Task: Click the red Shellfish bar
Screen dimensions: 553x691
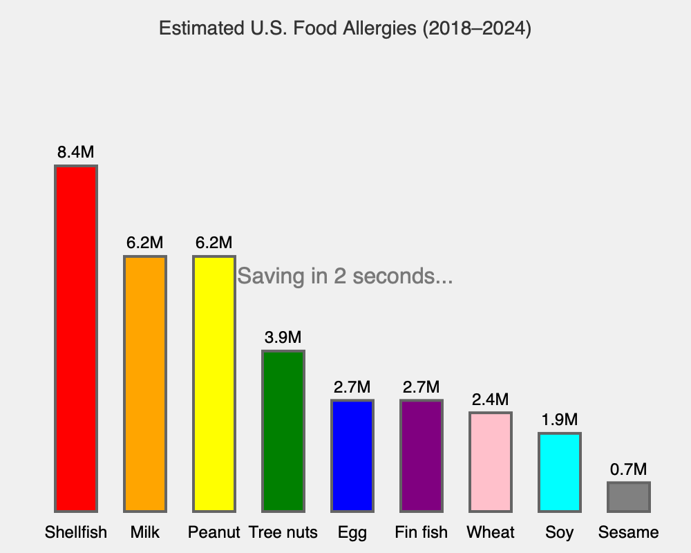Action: pyautogui.click(x=76, y=339)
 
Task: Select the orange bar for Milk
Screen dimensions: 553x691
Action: pyautogui.click(x=145, y=384)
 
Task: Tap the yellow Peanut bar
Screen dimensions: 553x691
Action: pyautogui.click(x=214, y=384)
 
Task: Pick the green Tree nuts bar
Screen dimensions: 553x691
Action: pyautogui.click(x=283, y=431)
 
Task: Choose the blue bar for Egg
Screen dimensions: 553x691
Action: pyautogui.click(x=352, y=456)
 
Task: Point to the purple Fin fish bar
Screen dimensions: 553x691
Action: pyautogui.click(x=422, y=456)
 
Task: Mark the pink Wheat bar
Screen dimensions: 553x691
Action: pyautogui.click(x=491, y=462)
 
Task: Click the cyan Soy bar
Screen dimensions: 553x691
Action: pyautogui.click(x=560, y=472)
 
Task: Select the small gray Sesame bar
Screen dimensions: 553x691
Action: pyautogui.click(x=629, y=497)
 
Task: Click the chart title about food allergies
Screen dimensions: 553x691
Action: pyautogui.click(x=345, y=29)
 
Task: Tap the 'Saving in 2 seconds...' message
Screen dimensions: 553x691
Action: pyautogui.click(x=345, y=276)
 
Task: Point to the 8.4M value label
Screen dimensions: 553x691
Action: pyautogui.click(x=76, y=153)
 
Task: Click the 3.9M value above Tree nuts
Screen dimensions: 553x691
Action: pyautogui.click(x=283, y=338)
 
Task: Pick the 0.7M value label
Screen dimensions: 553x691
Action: pyautogui.click(x=629, y=470)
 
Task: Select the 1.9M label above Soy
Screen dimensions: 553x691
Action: pyautogui.click(x=560, y=420)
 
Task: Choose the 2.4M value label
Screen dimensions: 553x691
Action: pyautogui.click(x=491, y=400)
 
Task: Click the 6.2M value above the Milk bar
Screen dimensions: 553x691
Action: pyautogui.click(x=145, y=243)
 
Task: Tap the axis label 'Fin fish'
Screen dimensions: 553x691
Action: pyautogui.click(x=422, y=532)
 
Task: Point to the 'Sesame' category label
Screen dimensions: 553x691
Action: pyautogui.click(x=629, y=532)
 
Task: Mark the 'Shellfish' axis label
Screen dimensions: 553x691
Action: pyautogui.click(x=76, y=532)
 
